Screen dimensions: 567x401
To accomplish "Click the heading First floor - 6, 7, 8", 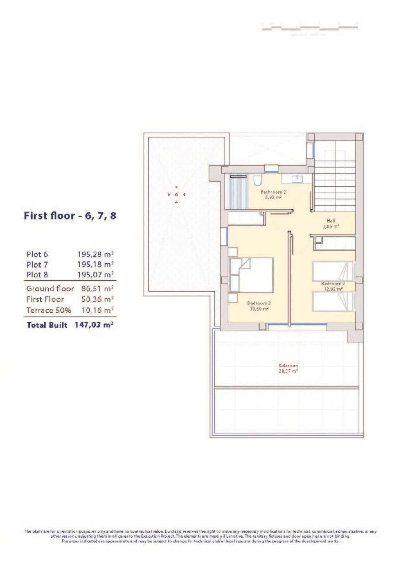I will [70, 216].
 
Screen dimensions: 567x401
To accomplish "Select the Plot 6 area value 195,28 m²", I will [95, 254].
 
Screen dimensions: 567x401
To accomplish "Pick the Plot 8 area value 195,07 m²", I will [95, 275].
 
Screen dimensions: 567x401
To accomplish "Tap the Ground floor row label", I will [50, 289].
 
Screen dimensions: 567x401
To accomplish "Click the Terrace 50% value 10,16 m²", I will [97, 310].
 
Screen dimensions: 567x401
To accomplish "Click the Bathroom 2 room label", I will [273, 194].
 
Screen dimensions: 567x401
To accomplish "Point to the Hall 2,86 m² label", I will [331, 223].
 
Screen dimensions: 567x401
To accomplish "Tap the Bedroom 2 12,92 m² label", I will [333, 286].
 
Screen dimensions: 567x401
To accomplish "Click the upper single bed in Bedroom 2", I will [333, 271].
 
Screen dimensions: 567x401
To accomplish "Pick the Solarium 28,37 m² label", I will [288, 368].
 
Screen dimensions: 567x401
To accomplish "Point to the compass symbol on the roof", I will [176, 195].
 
